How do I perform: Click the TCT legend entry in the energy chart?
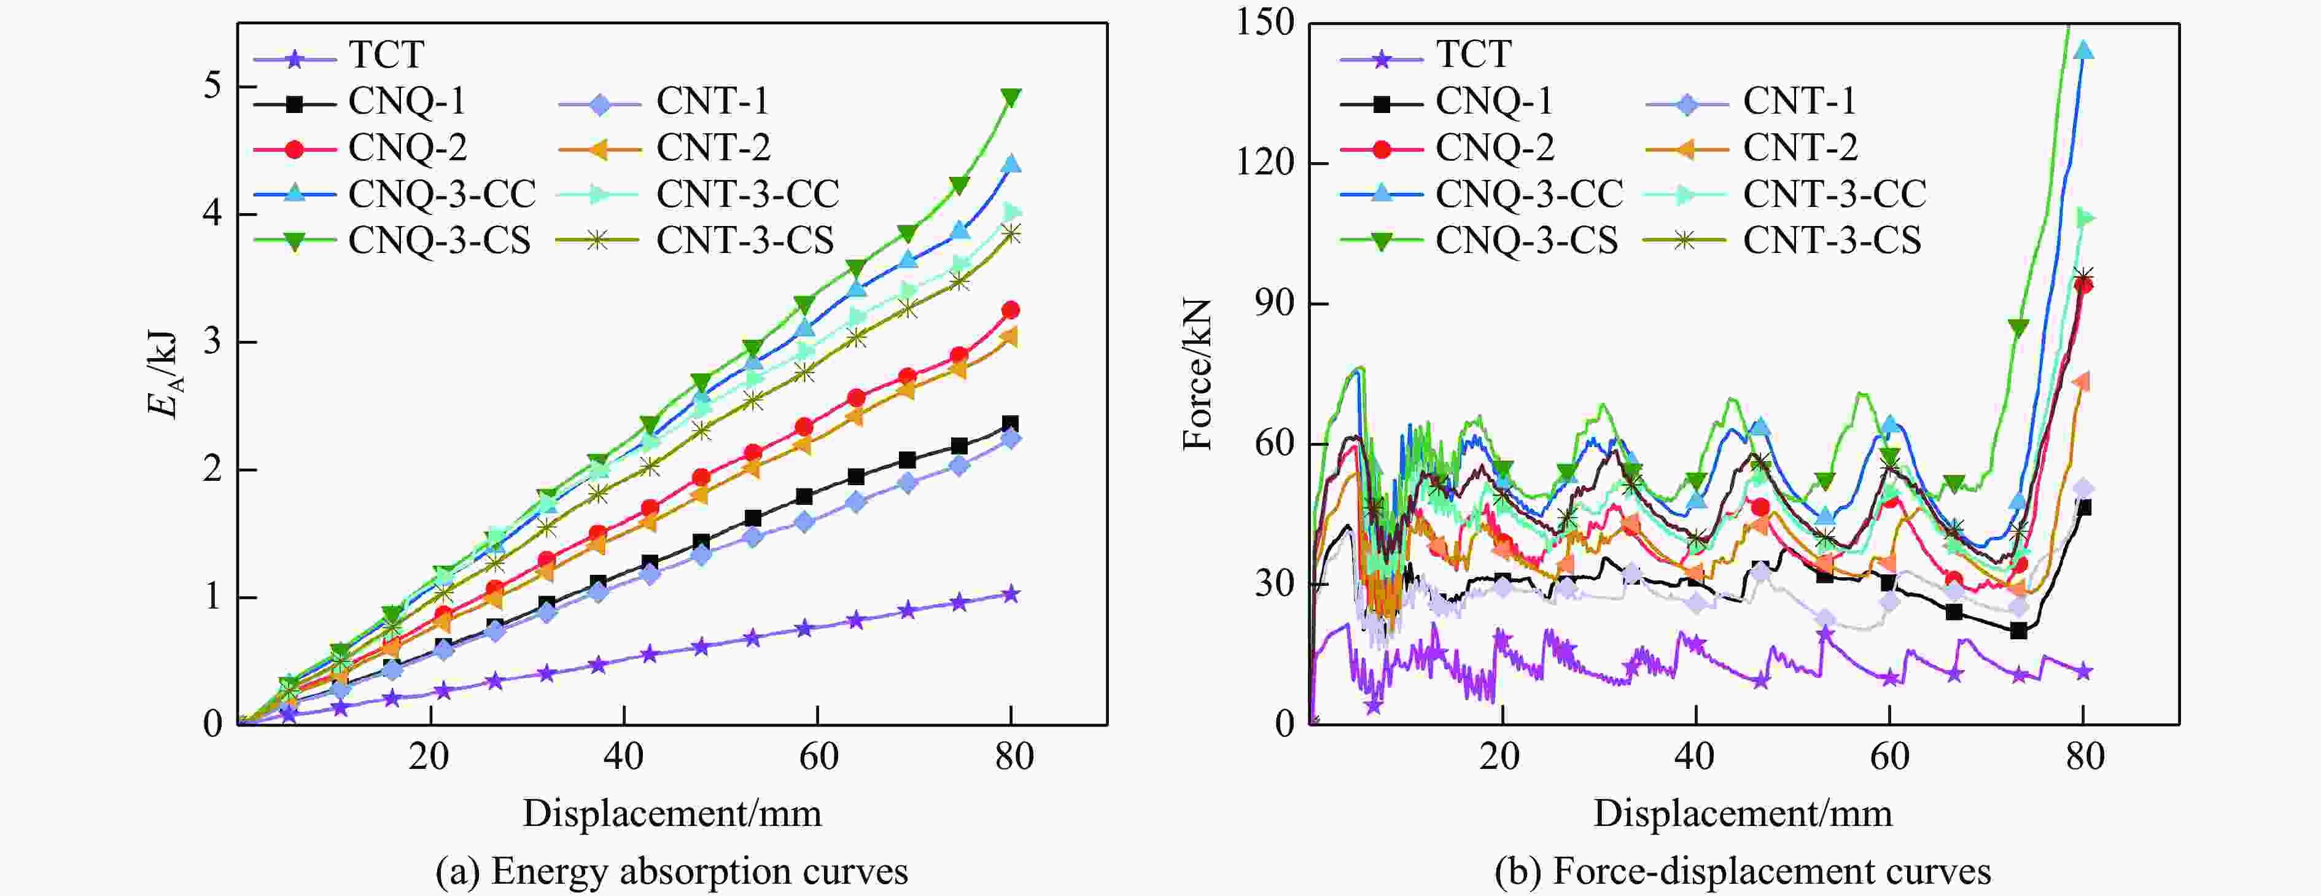coord(386,55)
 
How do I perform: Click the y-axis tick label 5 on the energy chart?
coord(212,87)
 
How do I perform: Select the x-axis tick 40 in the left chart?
coord(623,755)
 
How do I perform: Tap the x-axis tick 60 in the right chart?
coord(1889,755)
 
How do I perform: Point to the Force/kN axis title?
coord(1199,374)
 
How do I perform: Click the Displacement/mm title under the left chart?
coord(672,813)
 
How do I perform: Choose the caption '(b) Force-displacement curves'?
coord(1743,871)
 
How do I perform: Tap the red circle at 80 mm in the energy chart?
coord(1011,310)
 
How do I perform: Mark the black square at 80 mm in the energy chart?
coord(1011,424)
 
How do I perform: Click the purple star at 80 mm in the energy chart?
coord(1011,594)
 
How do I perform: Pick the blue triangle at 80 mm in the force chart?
coord(2083,50)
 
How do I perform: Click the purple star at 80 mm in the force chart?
coord(2083,672)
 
